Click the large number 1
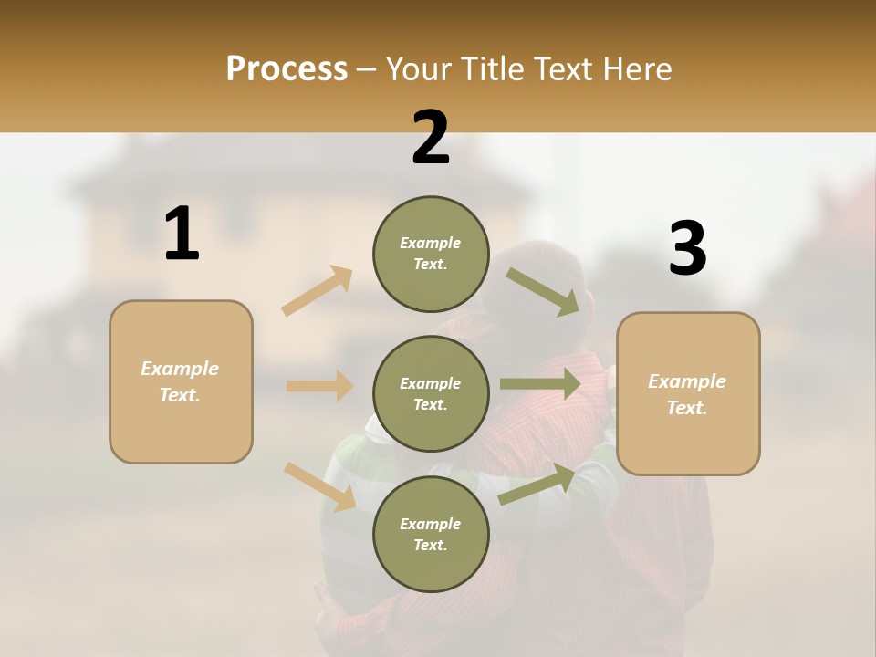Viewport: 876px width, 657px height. point(182,235)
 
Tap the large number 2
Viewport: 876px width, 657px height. point(431,138)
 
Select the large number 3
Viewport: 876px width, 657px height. point(687,249)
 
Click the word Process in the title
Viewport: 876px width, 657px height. point(287,68)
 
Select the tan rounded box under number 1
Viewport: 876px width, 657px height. point(181,381)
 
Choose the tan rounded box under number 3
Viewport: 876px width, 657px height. point(688,393)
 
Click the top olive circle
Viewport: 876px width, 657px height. point(431,254)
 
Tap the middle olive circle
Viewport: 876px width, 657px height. point(431,393)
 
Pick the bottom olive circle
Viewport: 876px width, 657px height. point(431,534)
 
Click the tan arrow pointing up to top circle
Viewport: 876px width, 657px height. point(318,291)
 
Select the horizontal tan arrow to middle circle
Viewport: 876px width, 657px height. point(319,386)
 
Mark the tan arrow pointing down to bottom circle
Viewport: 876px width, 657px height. point(319,486)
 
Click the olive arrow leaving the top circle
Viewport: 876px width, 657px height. point(542,291)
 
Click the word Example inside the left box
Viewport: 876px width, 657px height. point(180,369)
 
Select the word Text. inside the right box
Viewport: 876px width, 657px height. point(687,408)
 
